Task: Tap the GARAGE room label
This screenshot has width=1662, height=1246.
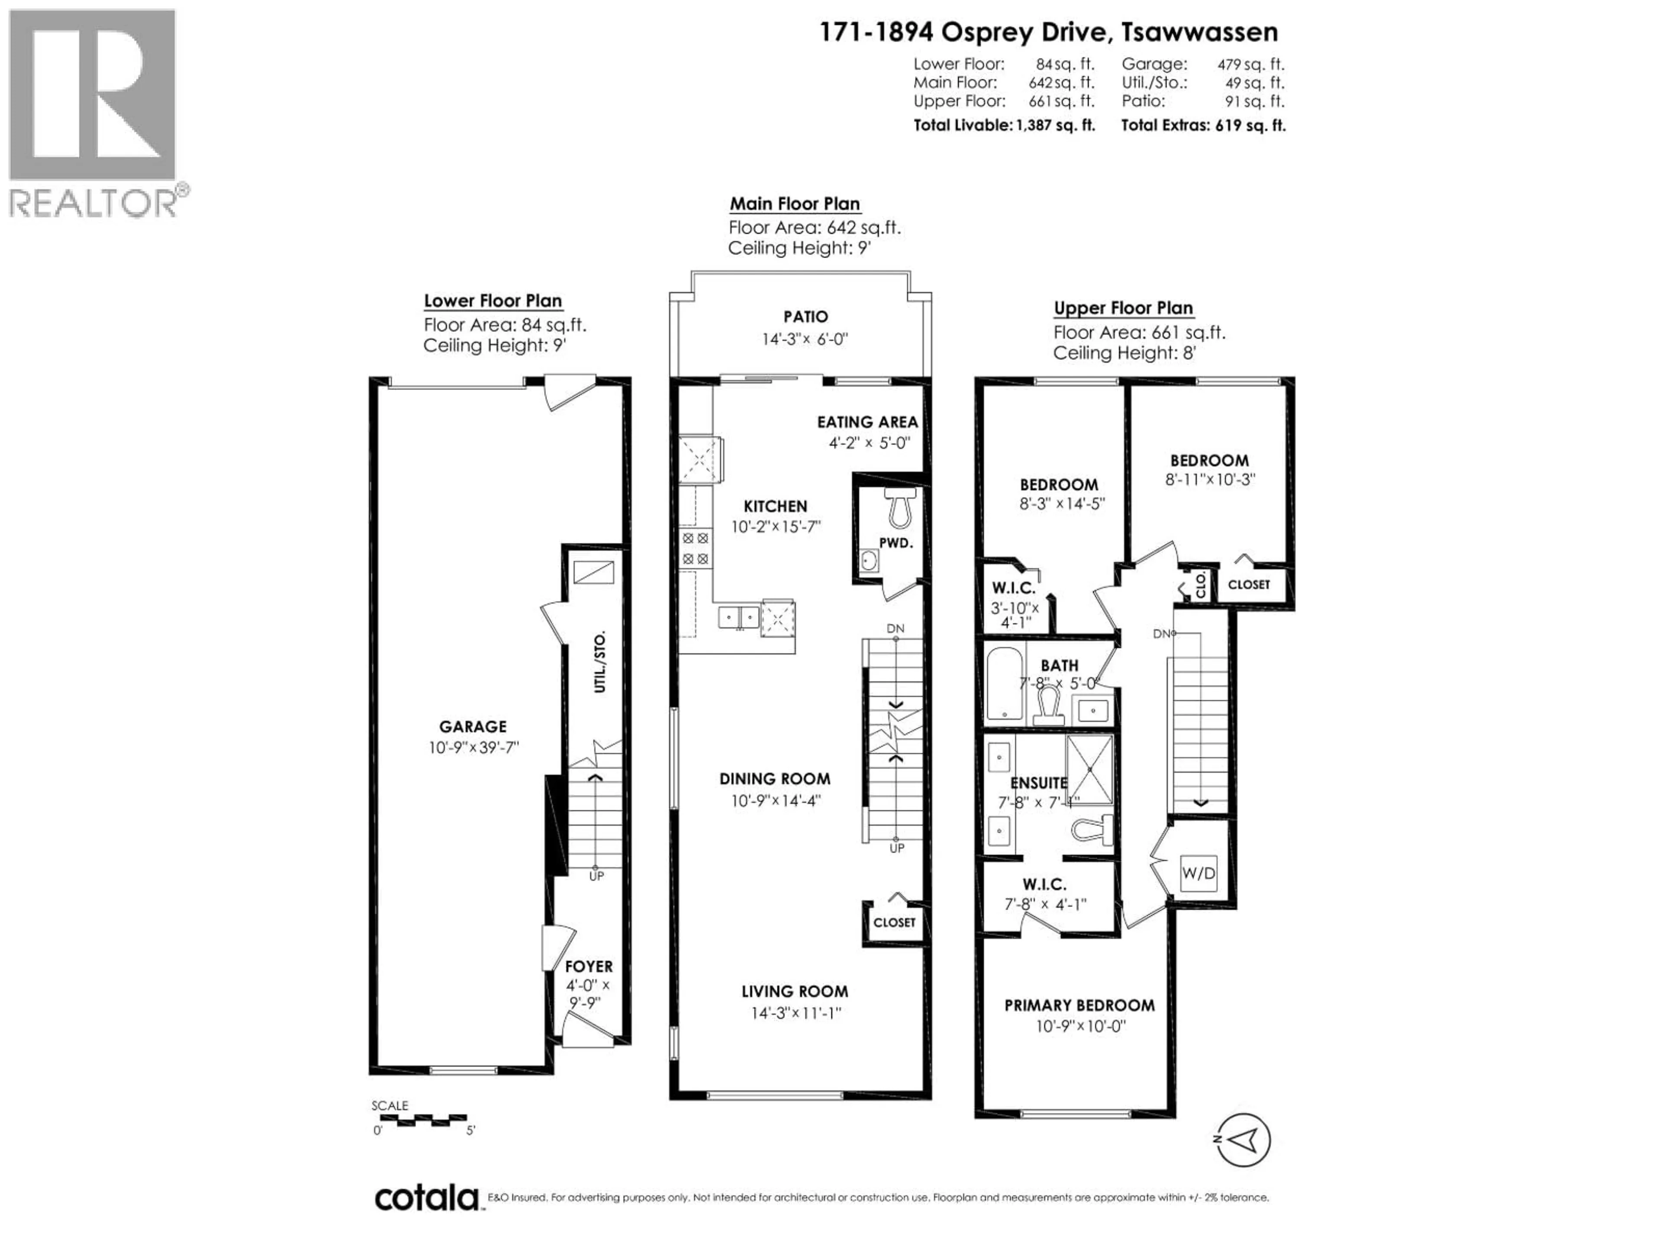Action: click(473, 726)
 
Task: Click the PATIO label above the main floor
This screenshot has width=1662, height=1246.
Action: click(805, 317)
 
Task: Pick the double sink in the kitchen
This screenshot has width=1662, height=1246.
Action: click(738, 617)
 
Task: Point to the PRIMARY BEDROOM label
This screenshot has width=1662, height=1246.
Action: click(1079, 1005)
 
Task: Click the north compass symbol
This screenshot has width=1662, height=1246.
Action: click(1243, 1140)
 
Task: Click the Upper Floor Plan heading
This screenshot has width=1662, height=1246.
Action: click(1123, 308)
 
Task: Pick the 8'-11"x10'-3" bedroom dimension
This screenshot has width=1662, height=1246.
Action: click(1210, 479)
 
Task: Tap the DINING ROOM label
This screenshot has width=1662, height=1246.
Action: click(775, 779)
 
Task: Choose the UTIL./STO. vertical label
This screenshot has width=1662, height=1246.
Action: click(599, 662)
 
